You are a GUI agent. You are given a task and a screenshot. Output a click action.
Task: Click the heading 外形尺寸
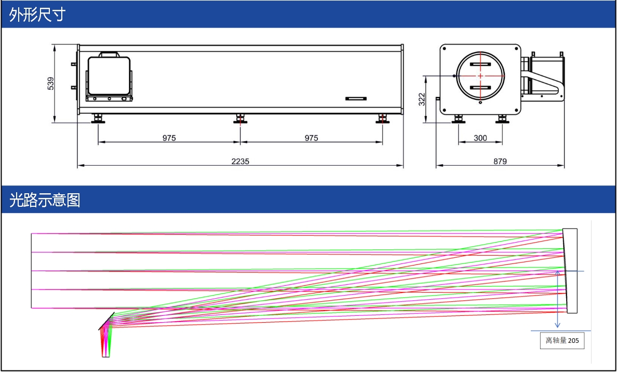click(37, 15)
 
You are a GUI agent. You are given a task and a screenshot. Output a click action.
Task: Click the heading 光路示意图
click(45, 200)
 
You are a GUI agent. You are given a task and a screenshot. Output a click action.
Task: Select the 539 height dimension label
click(51, 84)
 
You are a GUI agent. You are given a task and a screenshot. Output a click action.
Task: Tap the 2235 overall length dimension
click(240, 161)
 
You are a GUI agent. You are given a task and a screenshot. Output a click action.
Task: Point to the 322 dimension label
click(422, 99)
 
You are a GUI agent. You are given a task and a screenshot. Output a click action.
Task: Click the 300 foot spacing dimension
click(480, 138)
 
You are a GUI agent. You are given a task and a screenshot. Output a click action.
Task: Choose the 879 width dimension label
click(500, 161)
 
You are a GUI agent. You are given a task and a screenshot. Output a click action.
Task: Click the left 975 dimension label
click(169, 138)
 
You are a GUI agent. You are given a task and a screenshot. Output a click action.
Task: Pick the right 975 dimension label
click(311, 138)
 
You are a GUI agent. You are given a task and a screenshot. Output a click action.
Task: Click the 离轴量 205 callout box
click(562, 341)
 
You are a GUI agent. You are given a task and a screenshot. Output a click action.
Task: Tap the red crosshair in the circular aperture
click(480, 76)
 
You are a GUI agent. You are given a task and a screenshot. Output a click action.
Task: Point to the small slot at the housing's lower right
click(356, 98)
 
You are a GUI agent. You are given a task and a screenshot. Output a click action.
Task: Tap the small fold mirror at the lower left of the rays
click(106, 320)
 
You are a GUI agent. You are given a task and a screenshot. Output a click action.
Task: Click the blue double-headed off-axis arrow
click(557, 299)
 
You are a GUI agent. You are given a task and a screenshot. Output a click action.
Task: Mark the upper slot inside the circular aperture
click(480, 64)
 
